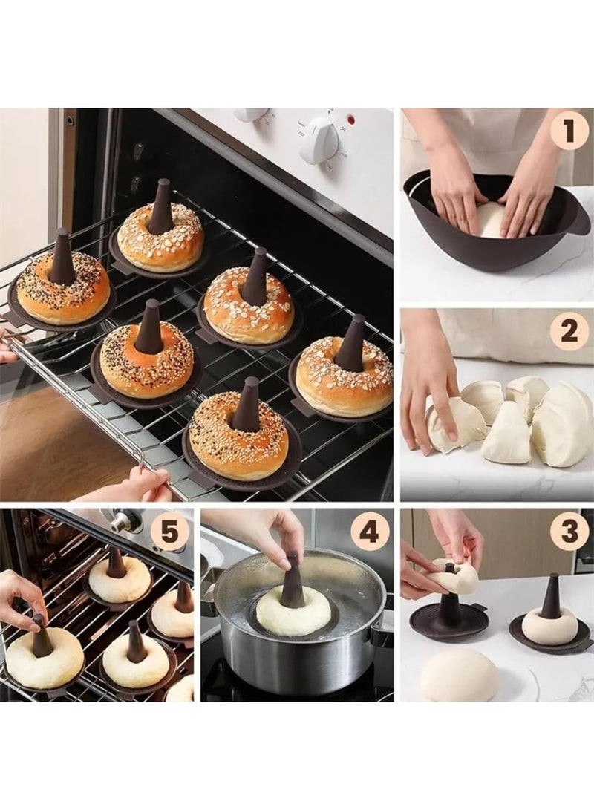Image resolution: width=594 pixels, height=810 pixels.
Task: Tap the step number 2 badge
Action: pos(569,331)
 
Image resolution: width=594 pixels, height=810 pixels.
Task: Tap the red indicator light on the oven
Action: pos(350,119)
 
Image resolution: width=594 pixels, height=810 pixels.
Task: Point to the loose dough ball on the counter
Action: pos(460,675)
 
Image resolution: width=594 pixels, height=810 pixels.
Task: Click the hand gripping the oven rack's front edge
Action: pos(141,486)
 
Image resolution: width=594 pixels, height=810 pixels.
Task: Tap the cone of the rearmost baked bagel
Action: pos(161,208)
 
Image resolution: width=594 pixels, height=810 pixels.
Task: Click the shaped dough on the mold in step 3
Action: pos(549,624)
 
